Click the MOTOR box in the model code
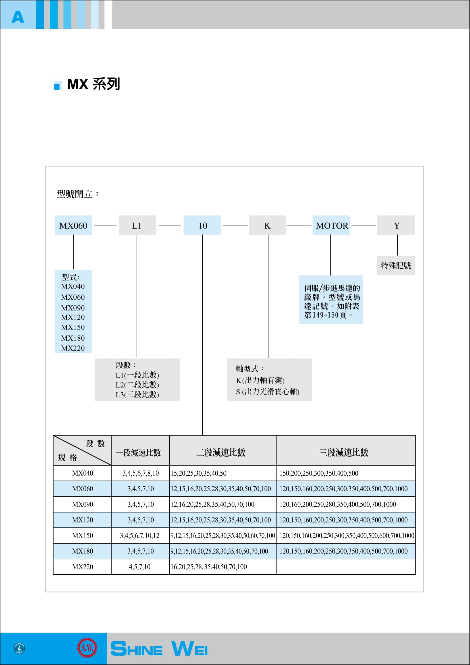click(x=331, y=225)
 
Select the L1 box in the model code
click(x=137, y=225)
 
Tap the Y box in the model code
click(x=396, y=225)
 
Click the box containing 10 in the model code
click(x=202, y=225)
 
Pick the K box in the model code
click(x=267, y=225)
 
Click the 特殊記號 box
click(x=396, y=265)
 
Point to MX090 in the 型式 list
click(x=73, y=308)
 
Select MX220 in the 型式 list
click(x=73, y=348)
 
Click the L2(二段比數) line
click(x=137, y=385)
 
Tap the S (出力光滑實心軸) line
click(x=268, y=391)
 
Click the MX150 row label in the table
click(x=82, y=536)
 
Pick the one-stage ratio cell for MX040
click(x=140, y=473)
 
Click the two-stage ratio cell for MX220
click(x=223, y=567)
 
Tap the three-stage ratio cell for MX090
click(x=346, y=505)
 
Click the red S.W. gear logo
click(x=87, y=648)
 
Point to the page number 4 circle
click(x=19, y=648)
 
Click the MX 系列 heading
click(x=93, y=84)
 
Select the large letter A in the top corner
click(x=18, y=17)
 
